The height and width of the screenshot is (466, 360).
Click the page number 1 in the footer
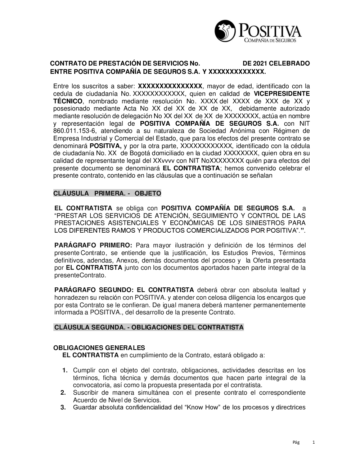click(314, 442)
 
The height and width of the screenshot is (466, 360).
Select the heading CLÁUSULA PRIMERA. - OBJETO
click(107, 193)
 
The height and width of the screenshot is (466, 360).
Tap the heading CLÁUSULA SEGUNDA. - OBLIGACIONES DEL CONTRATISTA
click(149, 327)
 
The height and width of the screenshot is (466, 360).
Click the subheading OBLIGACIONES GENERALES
click(99, 348)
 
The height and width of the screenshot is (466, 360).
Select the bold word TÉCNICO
click(68, 101)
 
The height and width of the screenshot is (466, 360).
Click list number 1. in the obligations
click(65, 370)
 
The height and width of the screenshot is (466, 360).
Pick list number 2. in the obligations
click(63, 393)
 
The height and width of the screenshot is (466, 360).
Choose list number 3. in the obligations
click(63, 408)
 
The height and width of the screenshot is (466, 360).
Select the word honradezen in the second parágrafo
click(71, 297)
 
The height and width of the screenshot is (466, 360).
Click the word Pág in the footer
click(296, 442)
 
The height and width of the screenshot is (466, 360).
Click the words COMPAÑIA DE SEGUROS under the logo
click(270, 40)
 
